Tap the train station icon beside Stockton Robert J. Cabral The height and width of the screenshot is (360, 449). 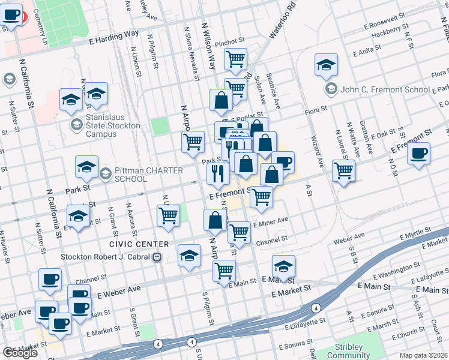coord(157,257)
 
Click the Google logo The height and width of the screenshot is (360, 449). coord(20,352)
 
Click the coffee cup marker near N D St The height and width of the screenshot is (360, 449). coord(419,154)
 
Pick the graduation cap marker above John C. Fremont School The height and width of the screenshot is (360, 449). coord(326,65)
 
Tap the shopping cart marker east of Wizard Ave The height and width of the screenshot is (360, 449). coord(343,171)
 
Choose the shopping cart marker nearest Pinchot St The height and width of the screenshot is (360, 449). coord(236,59)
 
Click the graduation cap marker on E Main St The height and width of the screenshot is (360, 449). coord(284,266)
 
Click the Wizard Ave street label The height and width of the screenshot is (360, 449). coord(317,151)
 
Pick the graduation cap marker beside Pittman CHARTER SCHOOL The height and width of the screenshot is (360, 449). coord(87,168)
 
